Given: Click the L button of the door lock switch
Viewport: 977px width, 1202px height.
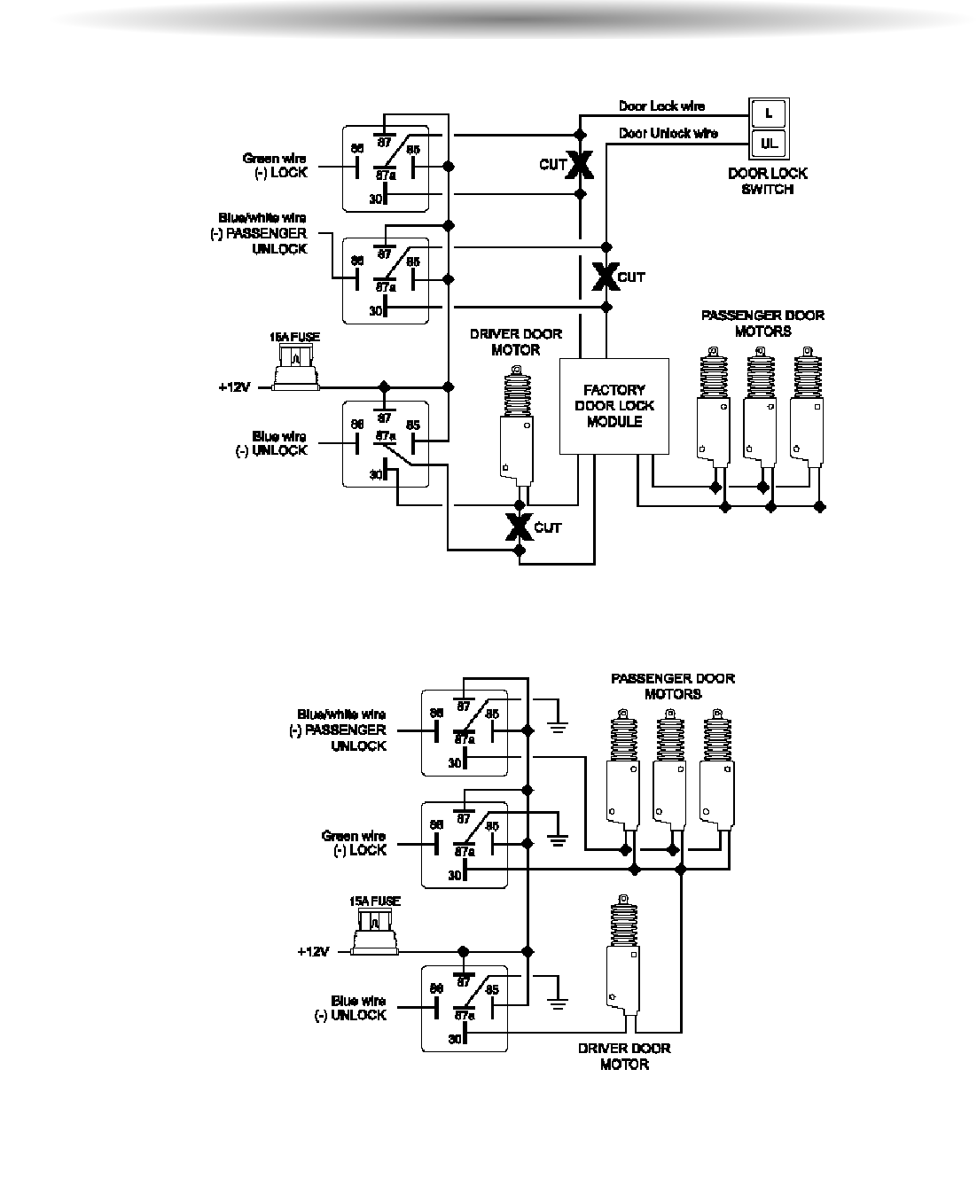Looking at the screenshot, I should (x=768, y=113).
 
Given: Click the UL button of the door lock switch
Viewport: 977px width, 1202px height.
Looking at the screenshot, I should (x=768, y=142).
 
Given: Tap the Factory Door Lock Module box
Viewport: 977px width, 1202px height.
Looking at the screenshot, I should (x=614, y=406).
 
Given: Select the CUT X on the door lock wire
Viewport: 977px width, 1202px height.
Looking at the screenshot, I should (x=580, y=164).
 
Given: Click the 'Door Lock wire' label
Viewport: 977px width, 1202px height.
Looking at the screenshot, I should (x=661, y=106).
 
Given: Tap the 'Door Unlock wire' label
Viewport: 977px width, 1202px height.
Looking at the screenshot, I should (x=668, y=134).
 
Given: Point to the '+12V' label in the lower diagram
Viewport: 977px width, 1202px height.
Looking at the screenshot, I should (x=314, y=952).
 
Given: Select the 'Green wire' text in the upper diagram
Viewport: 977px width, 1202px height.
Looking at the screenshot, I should (x=275, y=159).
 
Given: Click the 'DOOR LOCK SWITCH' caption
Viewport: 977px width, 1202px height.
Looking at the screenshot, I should (x=768, y=182).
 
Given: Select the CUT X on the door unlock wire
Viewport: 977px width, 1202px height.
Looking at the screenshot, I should (x=606, y=277).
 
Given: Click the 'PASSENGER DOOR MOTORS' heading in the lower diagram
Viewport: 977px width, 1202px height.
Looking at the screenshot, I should (x=673, y=686).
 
